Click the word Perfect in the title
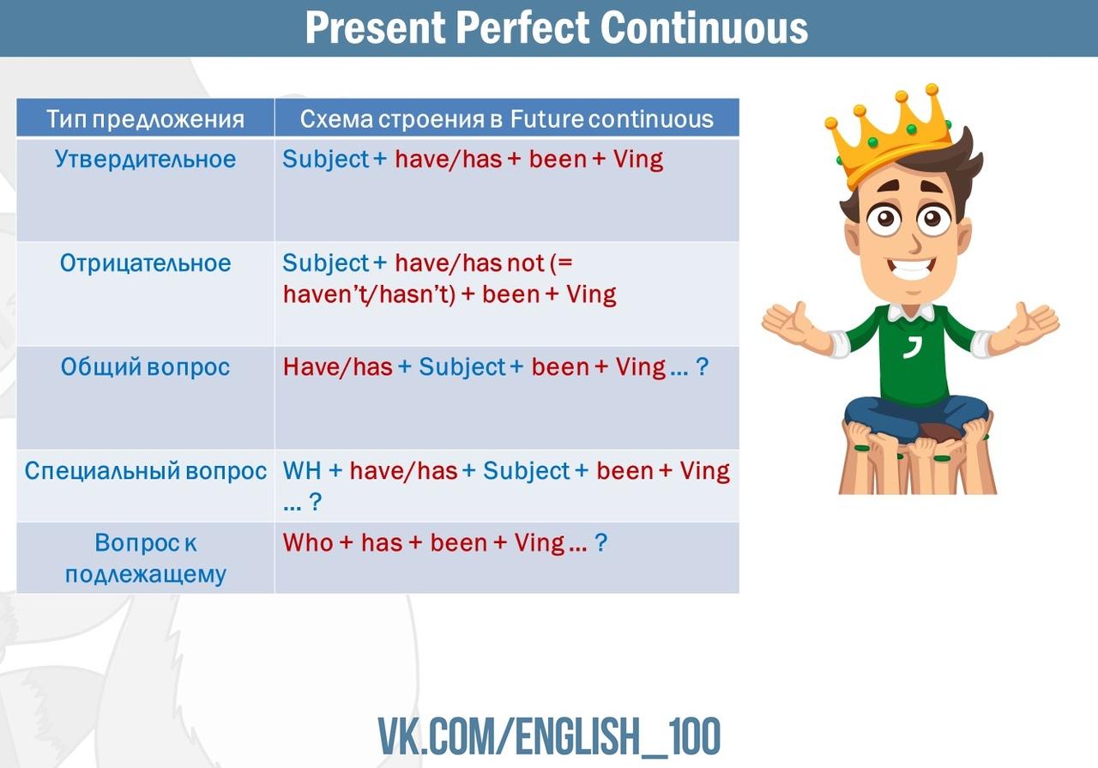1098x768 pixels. point(522,27)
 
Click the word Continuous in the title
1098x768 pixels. point(703,27)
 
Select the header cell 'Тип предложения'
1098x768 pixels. point(145,119)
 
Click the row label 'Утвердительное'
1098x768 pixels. point(145,160)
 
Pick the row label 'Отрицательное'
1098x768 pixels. point(145,263)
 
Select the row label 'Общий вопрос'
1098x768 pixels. point(145,367)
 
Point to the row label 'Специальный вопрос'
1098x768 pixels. point(145,471)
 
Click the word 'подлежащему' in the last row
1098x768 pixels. point(146,575)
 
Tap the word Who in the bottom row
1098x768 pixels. point(308,543)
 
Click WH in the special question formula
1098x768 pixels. point(302,471)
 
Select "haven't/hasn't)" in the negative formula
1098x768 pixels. point(369,294)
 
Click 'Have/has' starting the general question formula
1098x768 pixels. point(338,366)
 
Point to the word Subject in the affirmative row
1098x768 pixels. point(325,160)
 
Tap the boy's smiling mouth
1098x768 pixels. point(911,269)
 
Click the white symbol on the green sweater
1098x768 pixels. point(912,347)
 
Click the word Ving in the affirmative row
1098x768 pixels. point(638,160)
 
